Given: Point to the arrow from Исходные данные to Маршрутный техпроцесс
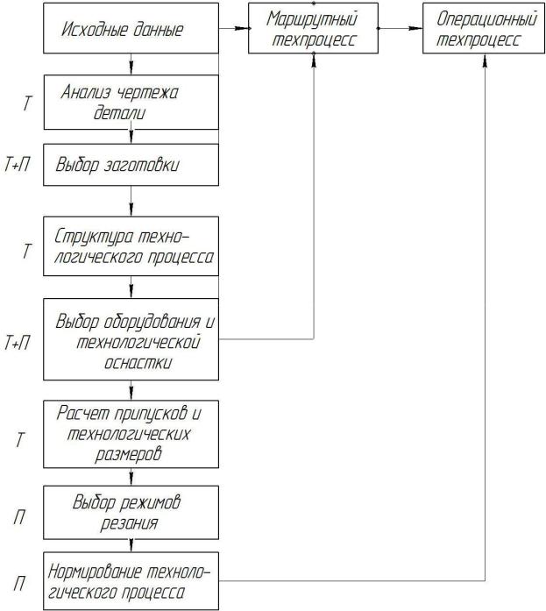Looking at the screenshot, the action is (x=235, y=28).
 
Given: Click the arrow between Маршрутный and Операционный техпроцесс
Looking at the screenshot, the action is (x=401, y=28).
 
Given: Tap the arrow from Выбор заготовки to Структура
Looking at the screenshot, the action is (x=131, y=201).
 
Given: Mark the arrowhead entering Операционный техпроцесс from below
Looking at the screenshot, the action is (x=485, y=60).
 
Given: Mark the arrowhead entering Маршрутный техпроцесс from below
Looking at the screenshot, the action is (x=314, y=60).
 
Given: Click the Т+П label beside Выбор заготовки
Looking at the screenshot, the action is (x=18, y=165).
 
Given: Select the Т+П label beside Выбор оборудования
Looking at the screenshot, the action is (x=18, y=343).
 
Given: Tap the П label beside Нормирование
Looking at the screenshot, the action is (x=19, y=584).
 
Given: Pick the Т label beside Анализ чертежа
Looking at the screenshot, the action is (x=26, y=103).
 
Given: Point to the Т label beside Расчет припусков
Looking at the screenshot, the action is (x=19, y=440).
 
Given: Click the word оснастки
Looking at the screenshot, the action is (x=138, y=363).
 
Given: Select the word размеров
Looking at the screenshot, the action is (x=129, y=454).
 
